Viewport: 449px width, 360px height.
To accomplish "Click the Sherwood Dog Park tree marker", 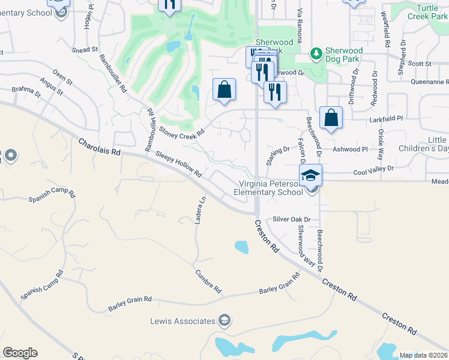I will tap(316, 54).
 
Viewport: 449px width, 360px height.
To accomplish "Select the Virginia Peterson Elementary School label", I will tap(268, 188).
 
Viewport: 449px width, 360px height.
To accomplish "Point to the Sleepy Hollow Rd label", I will tap(179, 164).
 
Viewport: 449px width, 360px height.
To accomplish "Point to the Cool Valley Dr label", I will tap(373, 170).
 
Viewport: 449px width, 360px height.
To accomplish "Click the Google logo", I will tap(20, 353).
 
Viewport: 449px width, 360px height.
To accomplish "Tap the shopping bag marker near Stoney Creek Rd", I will tap(224, 90).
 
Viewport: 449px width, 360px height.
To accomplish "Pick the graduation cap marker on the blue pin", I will tap(310, 175).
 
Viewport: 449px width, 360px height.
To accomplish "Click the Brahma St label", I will tap(26, 91).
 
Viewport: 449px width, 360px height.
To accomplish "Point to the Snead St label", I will tap(84, 50).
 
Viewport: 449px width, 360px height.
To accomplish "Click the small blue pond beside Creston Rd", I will tap(241, 247).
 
